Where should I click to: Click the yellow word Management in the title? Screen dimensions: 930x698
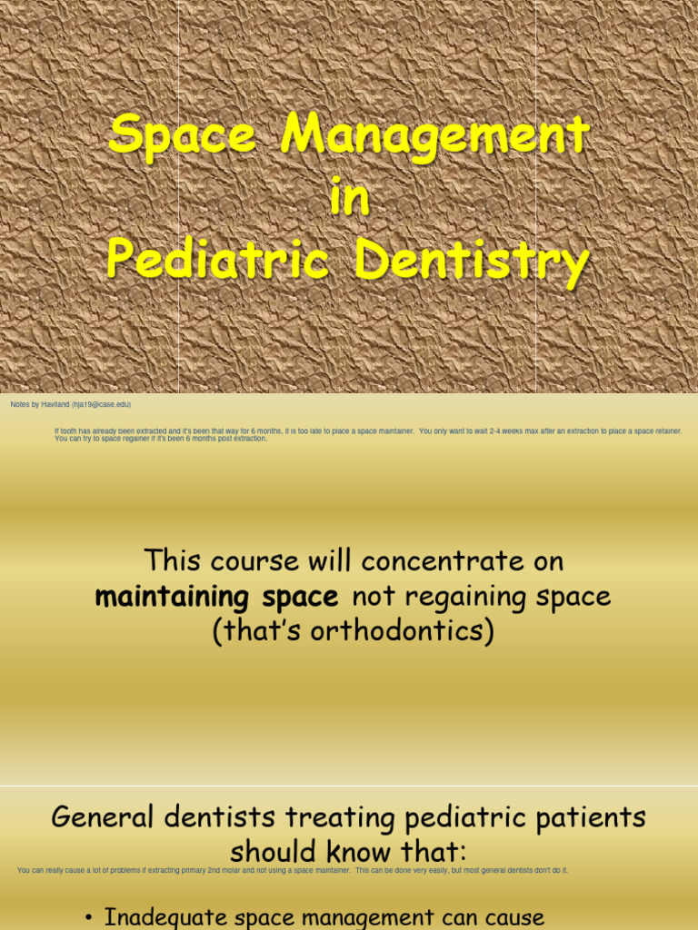[435, 138]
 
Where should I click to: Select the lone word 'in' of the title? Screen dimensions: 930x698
[349, 200]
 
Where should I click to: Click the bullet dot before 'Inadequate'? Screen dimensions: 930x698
[88, 918]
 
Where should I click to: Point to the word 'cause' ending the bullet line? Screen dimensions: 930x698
[508, 918]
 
